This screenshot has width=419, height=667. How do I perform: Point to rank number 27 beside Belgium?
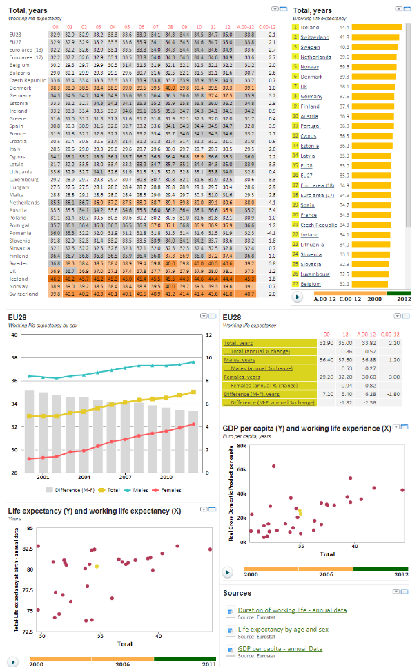(x=295, y=284)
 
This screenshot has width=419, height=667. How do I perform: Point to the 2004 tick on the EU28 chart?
(x=84, y=477)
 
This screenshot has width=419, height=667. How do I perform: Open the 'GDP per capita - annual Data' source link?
(x=280, y=649)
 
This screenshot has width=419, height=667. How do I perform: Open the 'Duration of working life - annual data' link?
(x=292, y=610)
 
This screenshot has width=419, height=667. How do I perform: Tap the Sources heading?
(x=237, y=593)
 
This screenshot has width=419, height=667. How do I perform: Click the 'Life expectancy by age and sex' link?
(x=283, y=630)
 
